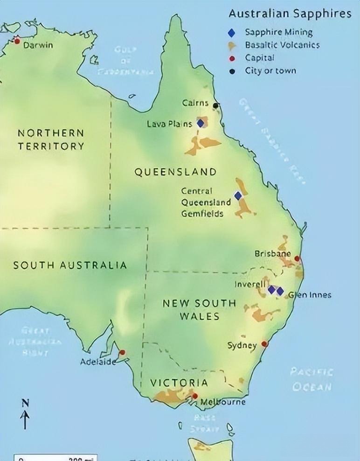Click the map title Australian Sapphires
290,14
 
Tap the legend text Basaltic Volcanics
282,45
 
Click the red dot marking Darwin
17,41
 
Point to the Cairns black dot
215,105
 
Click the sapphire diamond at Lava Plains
201,123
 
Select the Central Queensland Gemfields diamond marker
238,196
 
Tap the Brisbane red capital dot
297,258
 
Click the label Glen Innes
310,295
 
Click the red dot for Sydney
264,344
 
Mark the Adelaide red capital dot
122,352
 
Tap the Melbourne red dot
195,396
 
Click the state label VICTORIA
179,383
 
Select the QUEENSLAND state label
175,172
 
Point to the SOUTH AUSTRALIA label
70,265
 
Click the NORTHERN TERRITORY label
51,140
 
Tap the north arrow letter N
26,403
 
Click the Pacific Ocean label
311,379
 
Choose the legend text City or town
270,71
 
